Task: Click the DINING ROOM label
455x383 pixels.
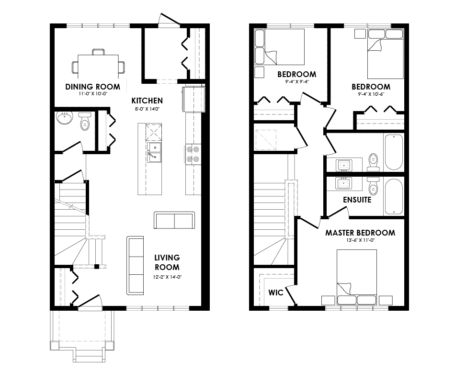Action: pos(92,87)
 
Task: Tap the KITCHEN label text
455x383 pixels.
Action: pos(147,101)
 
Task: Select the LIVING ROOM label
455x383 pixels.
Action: pos(167,262)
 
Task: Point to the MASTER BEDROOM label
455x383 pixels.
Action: pos(360,233)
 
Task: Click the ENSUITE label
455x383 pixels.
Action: pos(357,200)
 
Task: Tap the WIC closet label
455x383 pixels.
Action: pos(276,293)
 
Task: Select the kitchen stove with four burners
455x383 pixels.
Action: pos(193,155)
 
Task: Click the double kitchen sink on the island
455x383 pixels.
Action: pos(154,152)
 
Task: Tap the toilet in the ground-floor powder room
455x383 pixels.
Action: pos(85,121)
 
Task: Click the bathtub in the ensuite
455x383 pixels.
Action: pos(393,196)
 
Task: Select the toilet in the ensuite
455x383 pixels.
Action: pos(373,186)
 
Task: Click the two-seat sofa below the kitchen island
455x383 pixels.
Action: pos(174,220)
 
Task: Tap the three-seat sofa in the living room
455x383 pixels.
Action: pos(135,266)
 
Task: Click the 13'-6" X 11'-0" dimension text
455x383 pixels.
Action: pos(360,240)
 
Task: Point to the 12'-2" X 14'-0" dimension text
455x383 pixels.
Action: pos(168,277)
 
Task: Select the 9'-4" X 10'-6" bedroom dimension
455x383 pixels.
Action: pos(371,94)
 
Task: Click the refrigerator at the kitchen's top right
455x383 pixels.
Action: pos(193,99)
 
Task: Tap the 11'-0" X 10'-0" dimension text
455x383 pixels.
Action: pos(92,94)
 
